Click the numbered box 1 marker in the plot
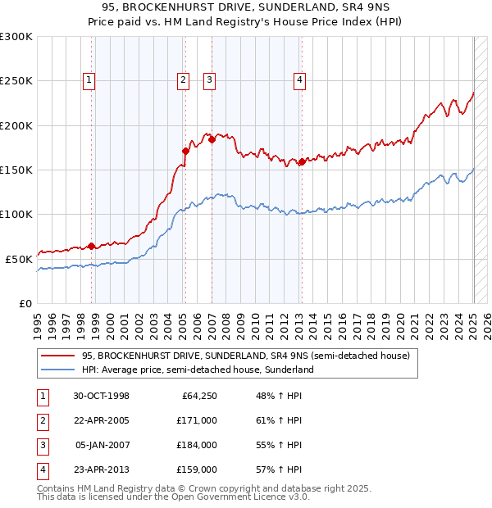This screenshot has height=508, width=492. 88,79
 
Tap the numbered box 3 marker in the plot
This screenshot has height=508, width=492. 210,79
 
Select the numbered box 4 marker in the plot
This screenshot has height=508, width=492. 300,79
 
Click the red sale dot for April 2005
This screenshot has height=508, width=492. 185,151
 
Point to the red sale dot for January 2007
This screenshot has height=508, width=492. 212,139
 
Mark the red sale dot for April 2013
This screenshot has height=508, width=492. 302,161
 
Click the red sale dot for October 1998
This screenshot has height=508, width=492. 91,246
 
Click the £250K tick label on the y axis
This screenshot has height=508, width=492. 16,81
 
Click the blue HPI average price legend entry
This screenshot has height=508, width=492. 198,370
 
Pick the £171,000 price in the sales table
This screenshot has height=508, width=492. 198,420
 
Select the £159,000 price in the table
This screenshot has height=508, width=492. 198,469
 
